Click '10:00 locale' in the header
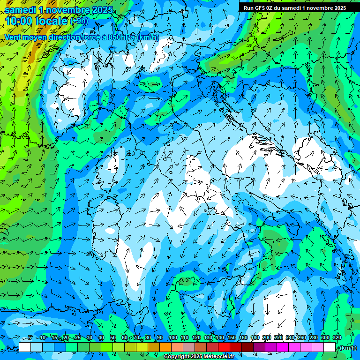coord(36,21)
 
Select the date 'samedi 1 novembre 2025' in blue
coord(59,10)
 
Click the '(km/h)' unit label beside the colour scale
coord(347,348)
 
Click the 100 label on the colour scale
coord(173,337)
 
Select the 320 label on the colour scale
coord(337,337)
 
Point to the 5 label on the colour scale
coord(30,337)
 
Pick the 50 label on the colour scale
coord(113,337)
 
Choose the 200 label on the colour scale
coord(267,337)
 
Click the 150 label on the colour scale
coord(232,337)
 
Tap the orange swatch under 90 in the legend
coord(165,347)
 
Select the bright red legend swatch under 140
coord(224,347)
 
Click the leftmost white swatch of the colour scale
coord(25,347)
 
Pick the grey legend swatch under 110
coord(189,347)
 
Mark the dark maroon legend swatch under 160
coord(247,347)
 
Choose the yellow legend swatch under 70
coord(142,347)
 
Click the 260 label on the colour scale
coord(302,337)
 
